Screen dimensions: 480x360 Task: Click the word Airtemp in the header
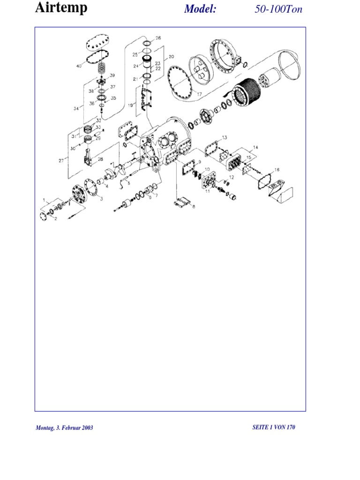pos(61,8)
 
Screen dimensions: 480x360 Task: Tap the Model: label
pos(200,9)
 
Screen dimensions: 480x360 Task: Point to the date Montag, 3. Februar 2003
pos(64,427)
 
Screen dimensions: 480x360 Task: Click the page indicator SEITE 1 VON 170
pos(274,427)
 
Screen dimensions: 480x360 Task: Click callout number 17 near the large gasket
pos(200,94)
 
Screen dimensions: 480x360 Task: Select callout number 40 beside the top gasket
pos(79,67)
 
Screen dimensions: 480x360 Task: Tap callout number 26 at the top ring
pos(158,37)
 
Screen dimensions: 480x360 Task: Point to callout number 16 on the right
pos(277,169)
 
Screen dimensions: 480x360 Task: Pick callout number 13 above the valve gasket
pos(225,137)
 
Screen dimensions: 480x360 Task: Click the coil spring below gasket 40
pos(102,67)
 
